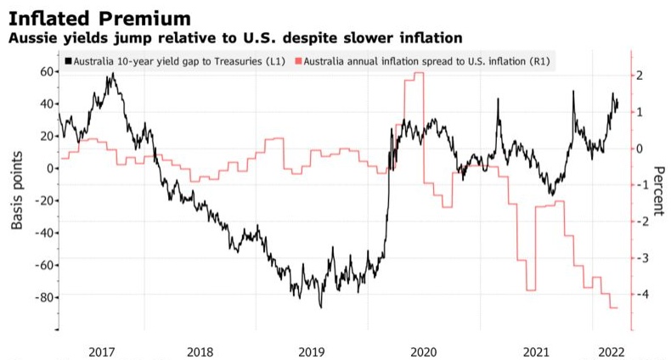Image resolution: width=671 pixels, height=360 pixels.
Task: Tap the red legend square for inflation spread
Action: click(297, 62)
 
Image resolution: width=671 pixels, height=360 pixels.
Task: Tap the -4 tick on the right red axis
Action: click(641, 295)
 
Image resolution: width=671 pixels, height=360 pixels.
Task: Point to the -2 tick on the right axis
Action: click(641, 222)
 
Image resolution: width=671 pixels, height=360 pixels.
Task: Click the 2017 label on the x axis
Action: click(102, 351)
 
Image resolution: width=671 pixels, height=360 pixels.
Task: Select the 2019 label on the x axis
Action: click(314, 351)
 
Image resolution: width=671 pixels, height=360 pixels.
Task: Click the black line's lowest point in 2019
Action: click(320, 307)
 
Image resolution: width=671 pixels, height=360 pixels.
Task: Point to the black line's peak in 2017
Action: click(111, 74)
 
